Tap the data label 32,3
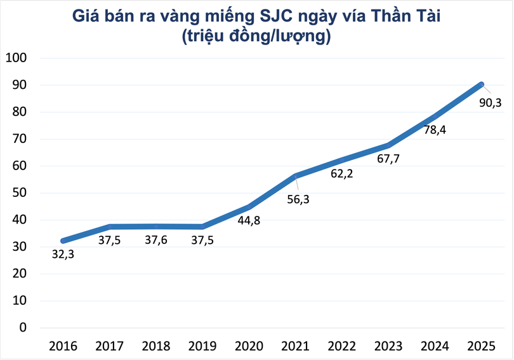pos(63,255)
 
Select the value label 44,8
pos(248,221)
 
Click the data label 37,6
pos(155,241)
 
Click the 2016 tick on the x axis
pos(63,346)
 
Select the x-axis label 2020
pos(249,346)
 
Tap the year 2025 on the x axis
pos(481,346)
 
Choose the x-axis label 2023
pos(388,346)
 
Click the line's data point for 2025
pos(481,84)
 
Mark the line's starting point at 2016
pos(63,241)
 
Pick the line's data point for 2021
pos(295,176)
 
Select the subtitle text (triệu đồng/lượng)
pos(256,37)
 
